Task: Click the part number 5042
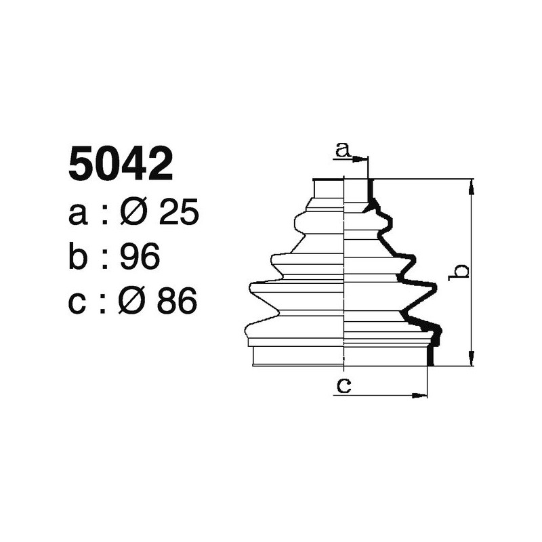121,165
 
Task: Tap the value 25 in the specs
178,214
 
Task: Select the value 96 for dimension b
139,257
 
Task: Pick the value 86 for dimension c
177,301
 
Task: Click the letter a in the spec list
79,215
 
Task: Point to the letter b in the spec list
79,257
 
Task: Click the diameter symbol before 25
134,214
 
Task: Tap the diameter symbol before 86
133,301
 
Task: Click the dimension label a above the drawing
343,150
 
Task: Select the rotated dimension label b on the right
461,272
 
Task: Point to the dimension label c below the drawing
343,385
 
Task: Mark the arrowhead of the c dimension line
423,394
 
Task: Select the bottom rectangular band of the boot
342,356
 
